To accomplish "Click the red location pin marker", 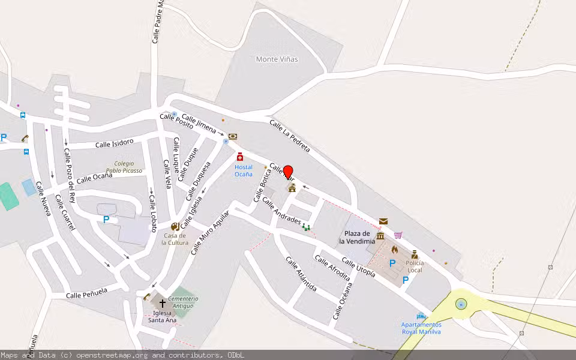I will coord(288,172).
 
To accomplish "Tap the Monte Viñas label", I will coord(277,59).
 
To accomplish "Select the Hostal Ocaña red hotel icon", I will coord(240,157).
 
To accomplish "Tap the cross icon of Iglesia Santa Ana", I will coord(162,304).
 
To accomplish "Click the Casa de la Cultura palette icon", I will coord(175,227).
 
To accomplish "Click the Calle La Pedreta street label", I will coord(289,136).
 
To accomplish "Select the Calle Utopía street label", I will coord(358,267).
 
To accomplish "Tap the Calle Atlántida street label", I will coord(301,274).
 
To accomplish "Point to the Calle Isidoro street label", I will coord(114,144).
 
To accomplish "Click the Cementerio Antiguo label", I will coord(183,302).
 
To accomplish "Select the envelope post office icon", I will coord(383,221).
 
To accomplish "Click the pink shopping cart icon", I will coord(398,235).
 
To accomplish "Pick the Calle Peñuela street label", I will coord(86,293).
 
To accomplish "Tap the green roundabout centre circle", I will coord(461,304).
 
